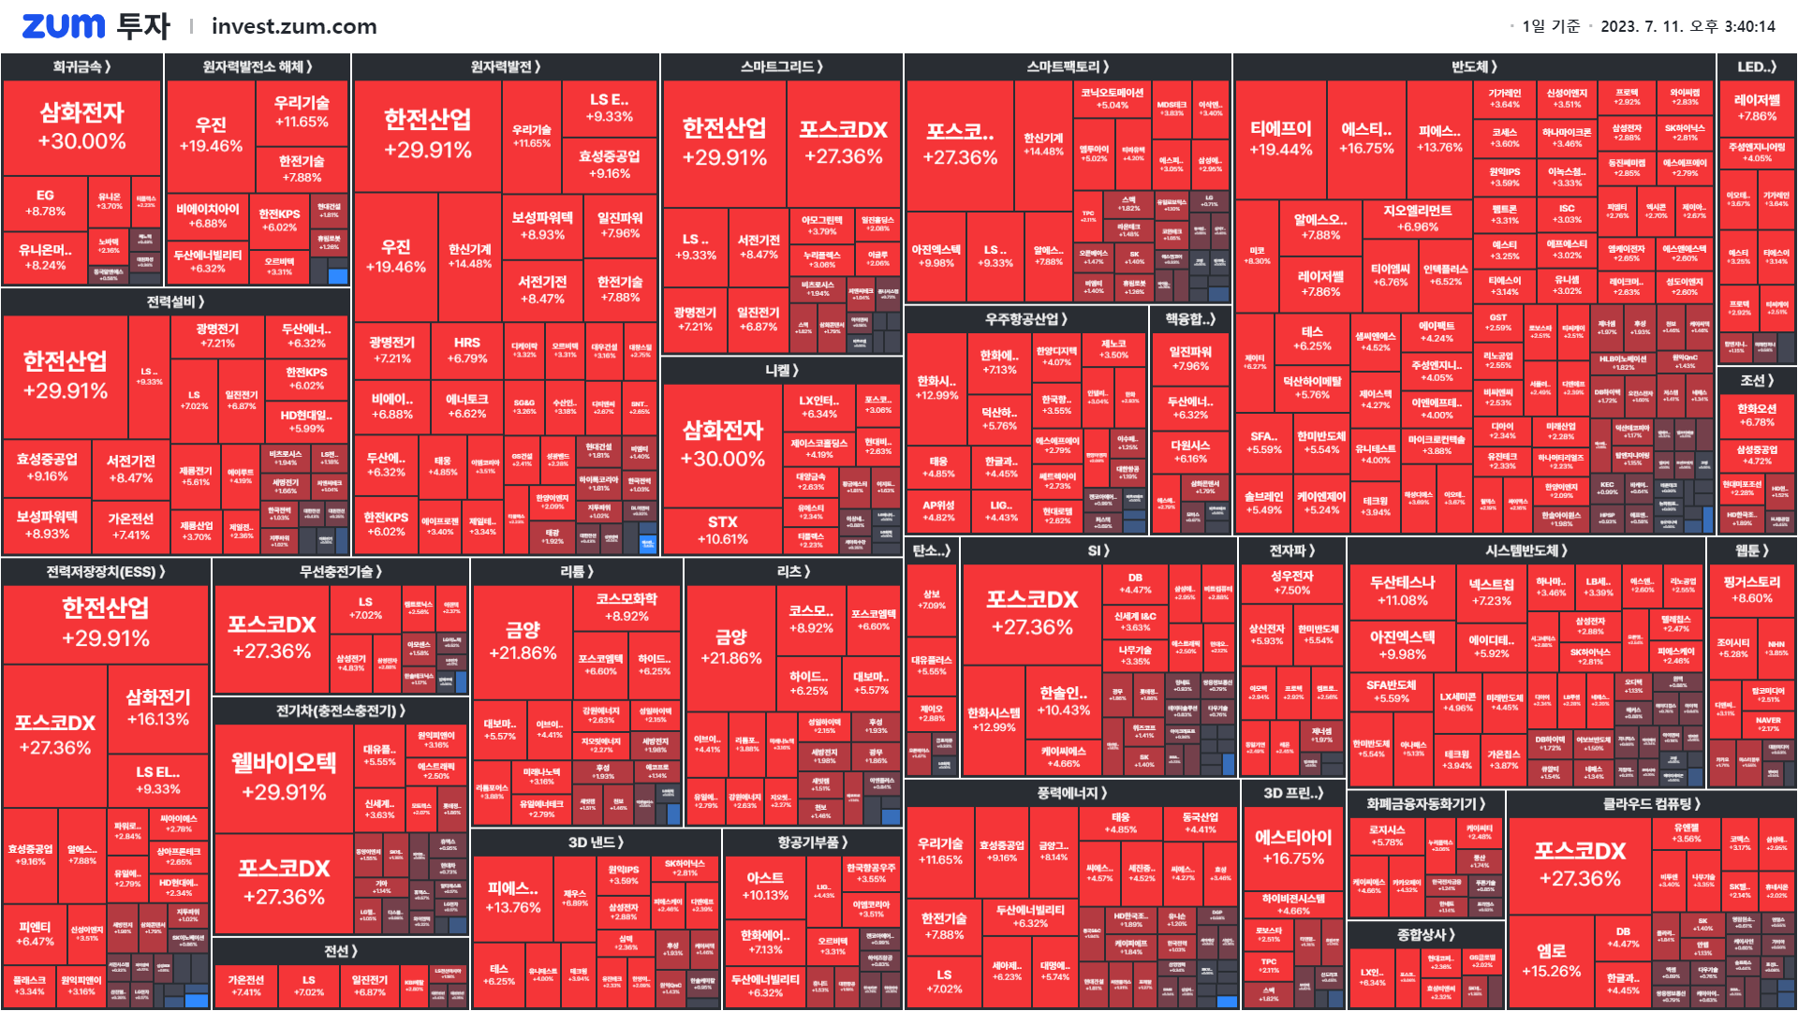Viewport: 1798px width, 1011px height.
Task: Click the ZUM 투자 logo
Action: [96, 26]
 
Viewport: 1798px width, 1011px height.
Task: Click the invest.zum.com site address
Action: [294, 26]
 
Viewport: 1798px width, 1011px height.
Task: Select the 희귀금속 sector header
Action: [81, 66]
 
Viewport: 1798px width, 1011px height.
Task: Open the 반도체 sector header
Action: [1474, 66]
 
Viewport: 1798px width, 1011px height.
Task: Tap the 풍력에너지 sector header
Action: [1071, 793]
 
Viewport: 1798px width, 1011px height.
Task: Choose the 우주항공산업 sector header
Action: [1025, 319]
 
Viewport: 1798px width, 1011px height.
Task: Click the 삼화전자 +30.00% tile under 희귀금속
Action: [81, 127]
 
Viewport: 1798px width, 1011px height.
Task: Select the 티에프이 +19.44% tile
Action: [1280, 139]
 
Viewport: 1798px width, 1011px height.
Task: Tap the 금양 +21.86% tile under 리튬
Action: [523, 641]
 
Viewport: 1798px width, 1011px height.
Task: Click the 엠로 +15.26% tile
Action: [1551, 960]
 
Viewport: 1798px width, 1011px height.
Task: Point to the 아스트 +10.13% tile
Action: [765, 886]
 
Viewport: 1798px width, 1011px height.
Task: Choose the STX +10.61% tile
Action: [722, 530]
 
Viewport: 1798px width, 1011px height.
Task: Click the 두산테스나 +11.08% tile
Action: [1402, 591]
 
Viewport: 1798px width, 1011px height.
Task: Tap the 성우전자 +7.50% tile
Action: [1291, 582]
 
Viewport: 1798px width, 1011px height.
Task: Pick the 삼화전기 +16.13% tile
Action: [158, 708]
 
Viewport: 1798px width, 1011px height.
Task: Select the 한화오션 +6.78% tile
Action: [1756, 415]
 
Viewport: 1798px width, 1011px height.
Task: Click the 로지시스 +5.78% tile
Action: [1387, 835]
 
